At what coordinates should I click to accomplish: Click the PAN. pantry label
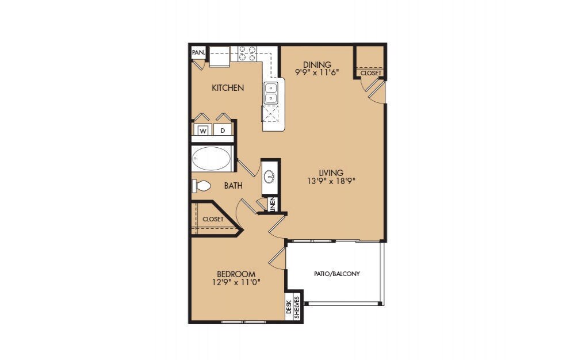(198, 52)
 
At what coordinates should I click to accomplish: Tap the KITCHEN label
(228, 88)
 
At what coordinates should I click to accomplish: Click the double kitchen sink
(271, 93)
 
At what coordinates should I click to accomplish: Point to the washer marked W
(203, 131)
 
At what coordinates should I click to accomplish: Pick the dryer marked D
(223, 131)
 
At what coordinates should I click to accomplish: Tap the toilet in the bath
(202, 186)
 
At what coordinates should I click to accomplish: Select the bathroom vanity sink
(270, 176)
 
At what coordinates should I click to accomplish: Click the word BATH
(233, 186)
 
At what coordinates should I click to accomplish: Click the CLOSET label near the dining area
(370, 73)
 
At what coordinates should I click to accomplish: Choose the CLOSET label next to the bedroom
(213, 219)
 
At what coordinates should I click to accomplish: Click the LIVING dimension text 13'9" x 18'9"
(332, 181)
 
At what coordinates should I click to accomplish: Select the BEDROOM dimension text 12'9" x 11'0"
(236, 282)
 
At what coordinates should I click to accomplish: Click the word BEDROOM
(236, 274)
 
